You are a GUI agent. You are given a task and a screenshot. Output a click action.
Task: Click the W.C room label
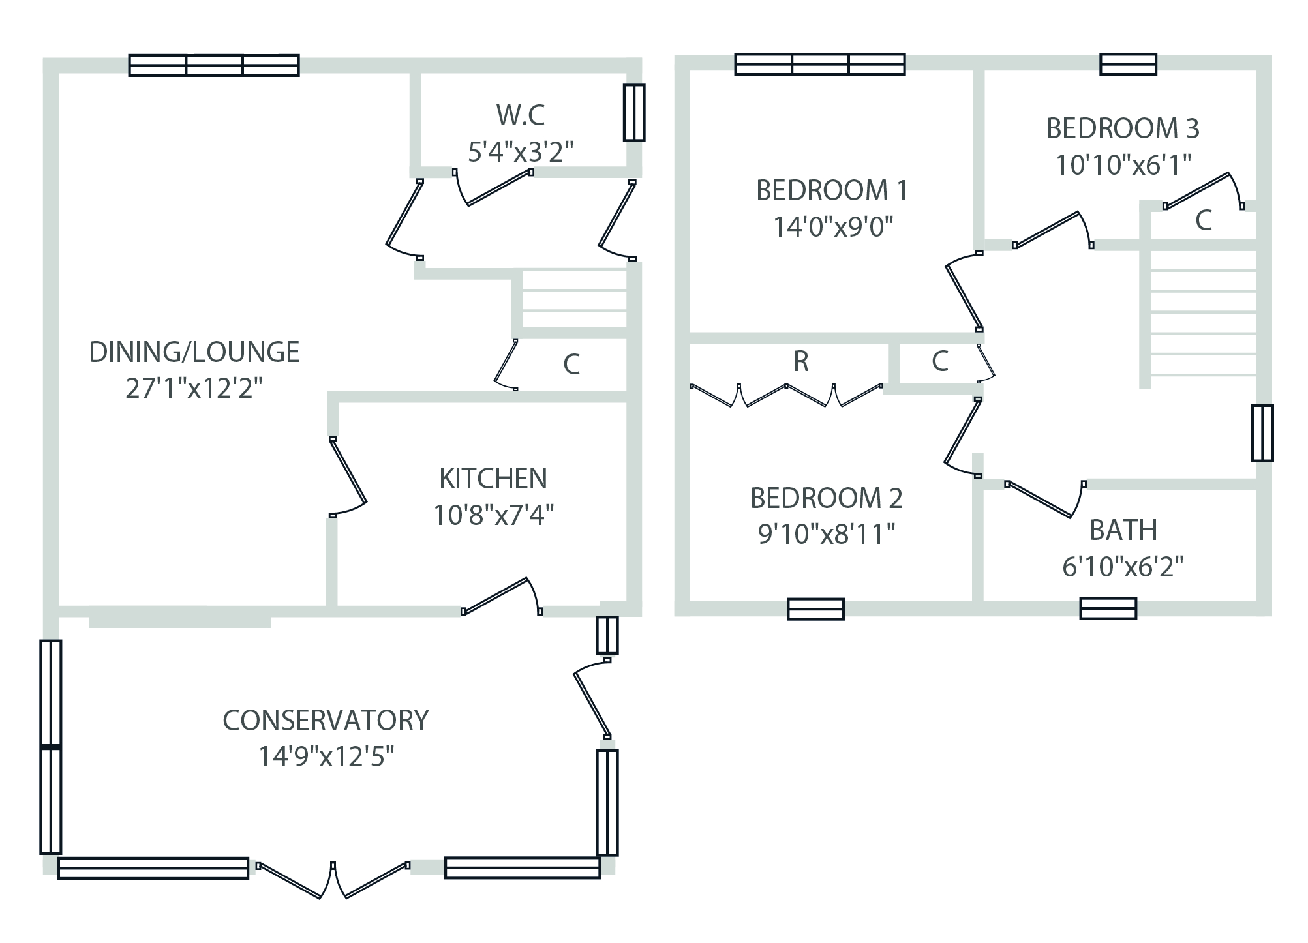click(x=520, y=115)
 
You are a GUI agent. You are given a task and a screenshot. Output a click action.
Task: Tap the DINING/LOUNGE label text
click(x=194, y=352)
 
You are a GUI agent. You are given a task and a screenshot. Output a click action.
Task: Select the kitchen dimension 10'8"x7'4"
click(x=493, y=515)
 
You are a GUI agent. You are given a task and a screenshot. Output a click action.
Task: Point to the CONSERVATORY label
click(x=326, y=721)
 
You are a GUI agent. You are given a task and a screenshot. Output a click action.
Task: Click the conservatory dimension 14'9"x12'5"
click(x=326, y=757)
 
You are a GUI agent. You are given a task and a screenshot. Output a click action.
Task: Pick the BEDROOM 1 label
click(x=831, y=190)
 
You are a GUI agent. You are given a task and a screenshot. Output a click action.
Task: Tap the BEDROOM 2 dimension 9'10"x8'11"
click(x=826, y=534)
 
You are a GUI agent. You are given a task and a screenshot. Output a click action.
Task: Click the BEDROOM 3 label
click(x=1122, y=128)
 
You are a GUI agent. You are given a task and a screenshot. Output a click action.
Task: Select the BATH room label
click(x=1123, y=530)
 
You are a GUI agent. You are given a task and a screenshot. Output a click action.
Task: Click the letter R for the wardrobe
click(x=801, y=361)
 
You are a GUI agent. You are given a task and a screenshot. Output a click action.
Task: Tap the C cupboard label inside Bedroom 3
click(x=1203, y=221)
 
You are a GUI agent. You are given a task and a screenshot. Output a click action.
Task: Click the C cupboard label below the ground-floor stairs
click(x=571, y=365)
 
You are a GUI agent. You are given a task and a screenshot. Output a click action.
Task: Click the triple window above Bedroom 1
click(x=819, y=65)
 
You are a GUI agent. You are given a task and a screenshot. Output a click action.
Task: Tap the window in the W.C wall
click(x=633, y=112)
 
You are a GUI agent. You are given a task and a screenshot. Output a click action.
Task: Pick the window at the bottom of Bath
click(x=1108, y=608)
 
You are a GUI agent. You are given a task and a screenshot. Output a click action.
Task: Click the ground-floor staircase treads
click(x=574, y=300)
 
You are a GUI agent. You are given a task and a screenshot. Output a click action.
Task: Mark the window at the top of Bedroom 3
click(x=1128, y=65)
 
